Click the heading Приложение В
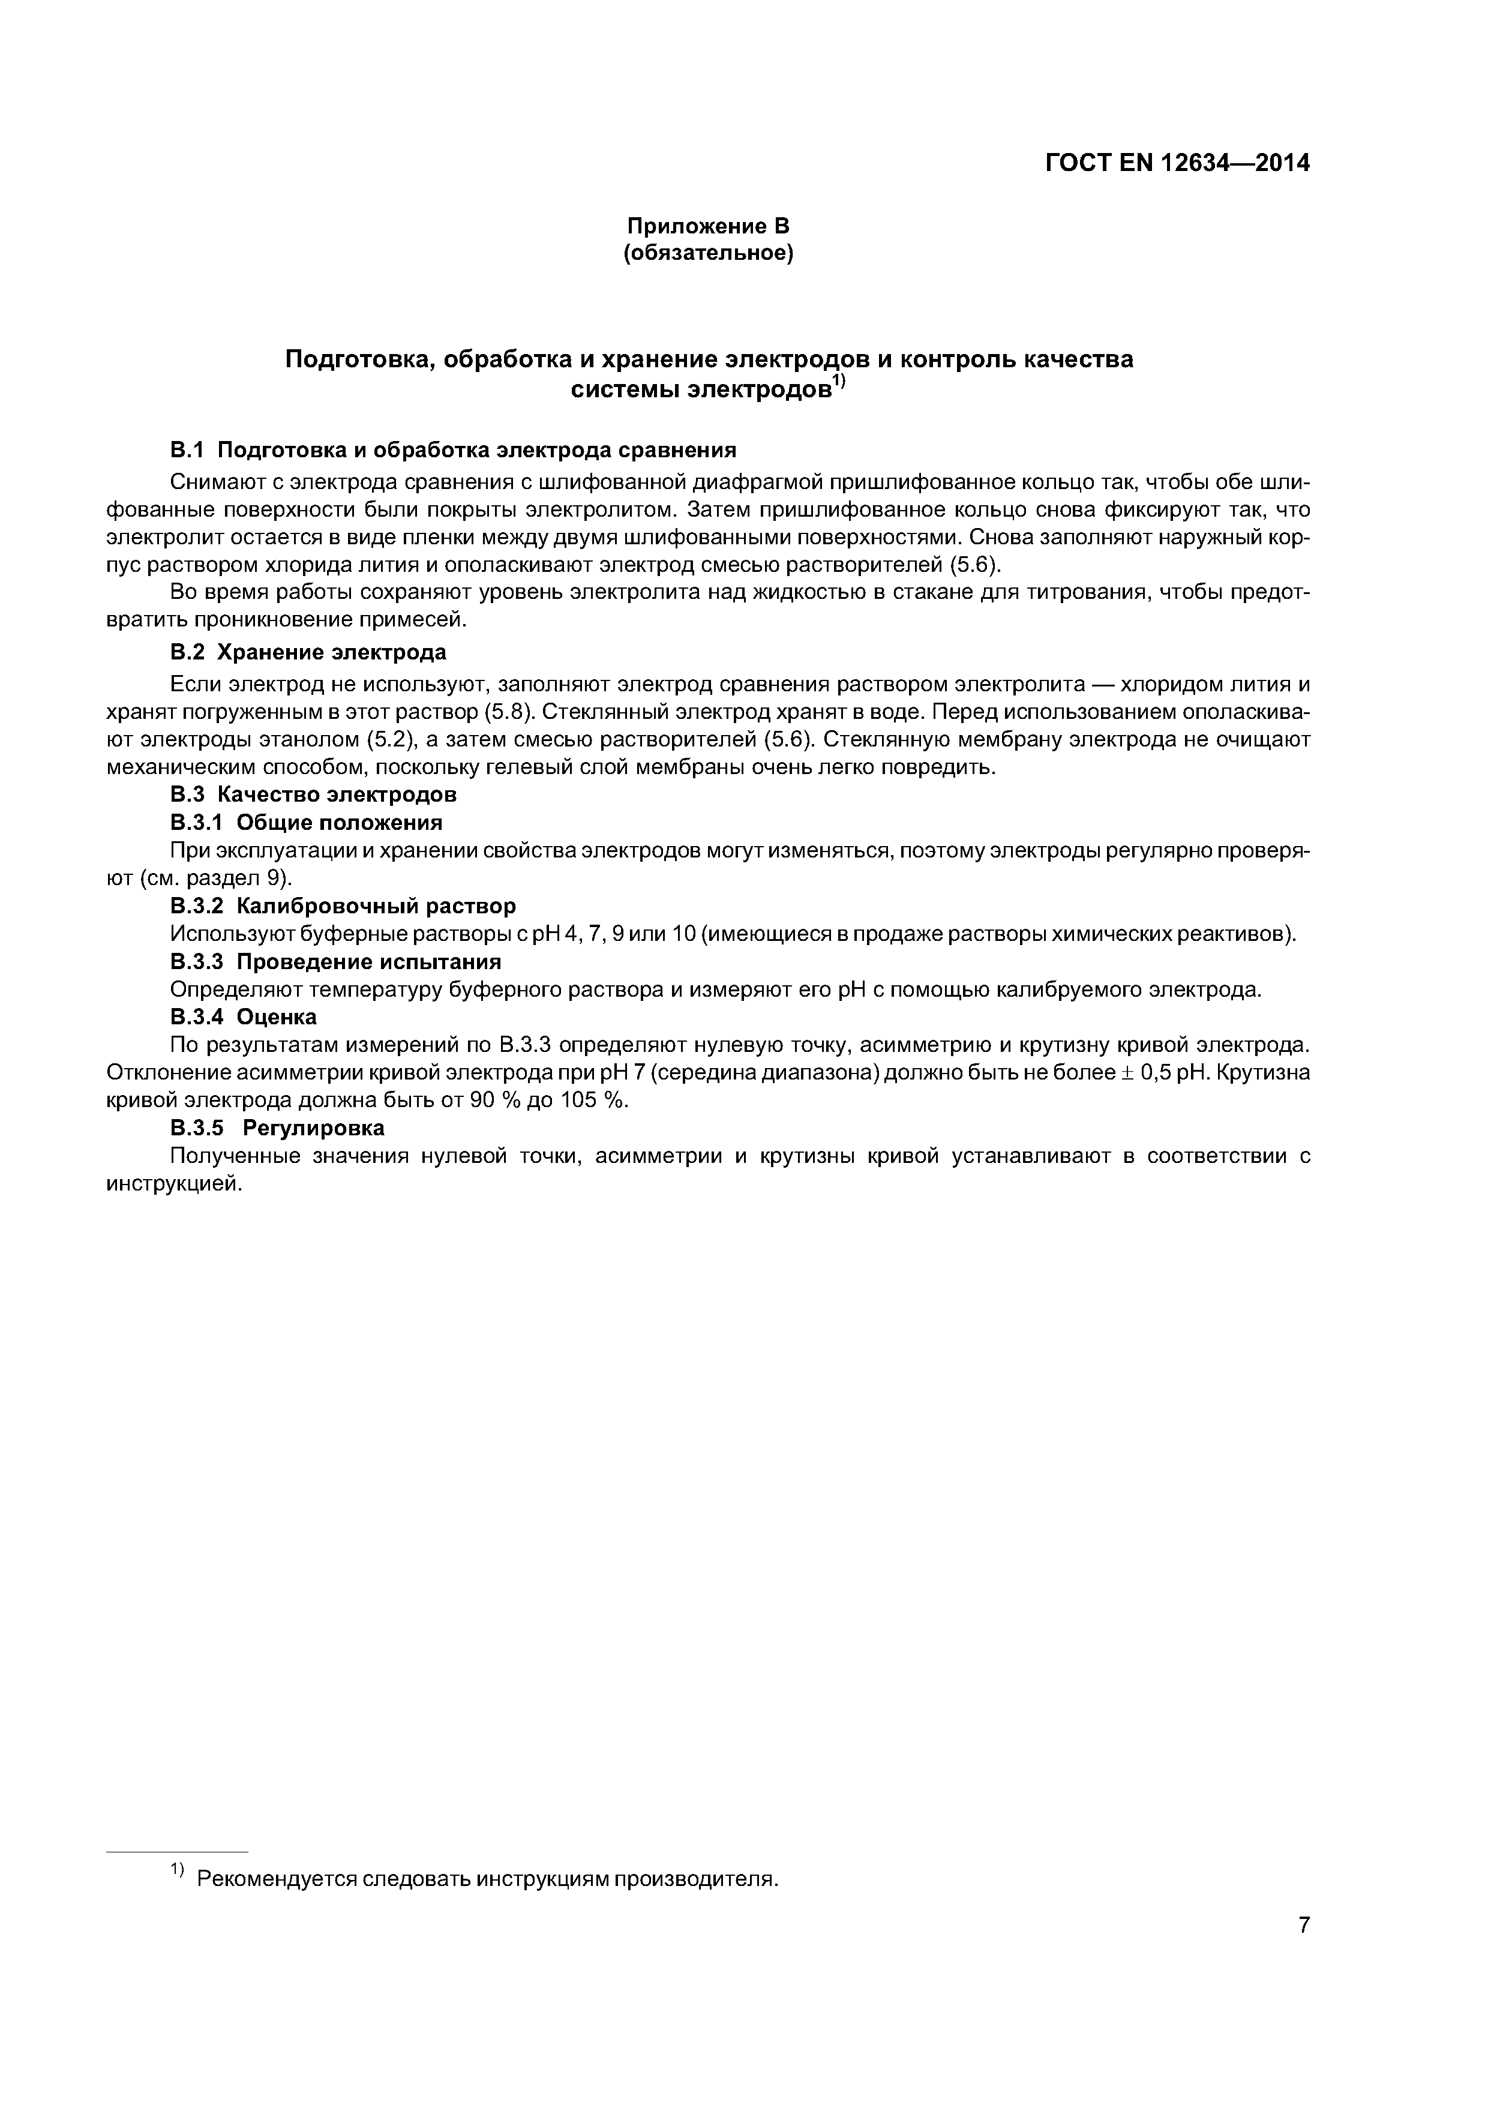(708, 226)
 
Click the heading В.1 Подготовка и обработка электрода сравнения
(454, 450)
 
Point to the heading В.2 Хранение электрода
(309, 653)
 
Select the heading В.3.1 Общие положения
(307, 823)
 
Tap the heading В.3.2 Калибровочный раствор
(344, 907)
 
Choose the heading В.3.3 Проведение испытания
(337, 962)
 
